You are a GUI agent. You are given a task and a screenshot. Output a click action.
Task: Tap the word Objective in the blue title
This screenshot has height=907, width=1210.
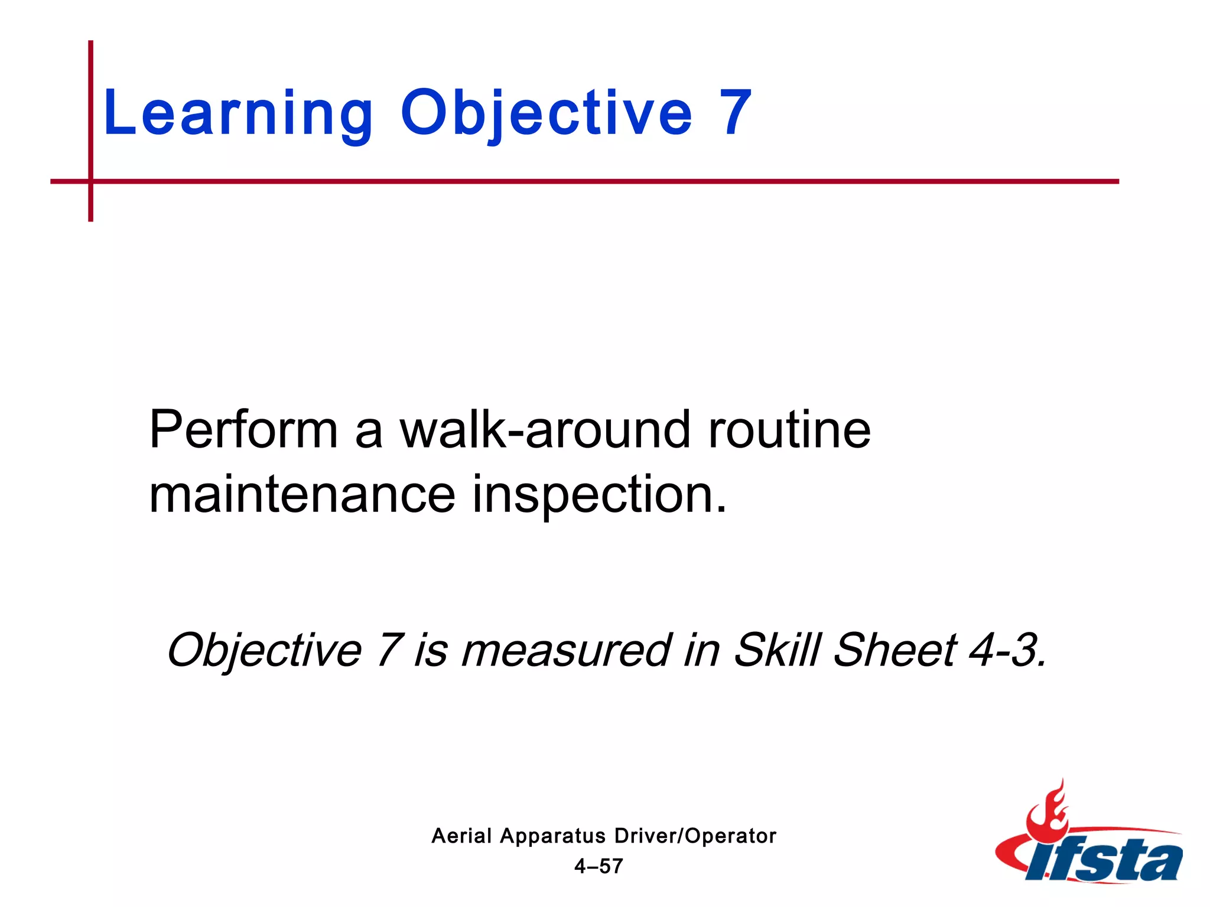[546, 113]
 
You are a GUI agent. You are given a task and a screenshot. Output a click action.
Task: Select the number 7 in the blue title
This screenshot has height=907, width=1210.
[735, 112]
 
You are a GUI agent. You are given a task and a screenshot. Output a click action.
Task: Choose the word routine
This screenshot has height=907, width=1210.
[789, 429]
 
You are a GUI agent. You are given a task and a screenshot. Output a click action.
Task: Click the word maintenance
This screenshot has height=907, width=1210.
[302, 494]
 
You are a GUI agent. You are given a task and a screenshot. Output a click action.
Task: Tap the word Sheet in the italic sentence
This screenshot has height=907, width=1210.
[895, 650]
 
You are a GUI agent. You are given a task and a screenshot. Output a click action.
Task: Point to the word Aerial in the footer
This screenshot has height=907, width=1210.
[461, 836]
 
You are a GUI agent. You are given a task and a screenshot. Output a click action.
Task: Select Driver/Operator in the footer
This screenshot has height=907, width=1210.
[695, 836]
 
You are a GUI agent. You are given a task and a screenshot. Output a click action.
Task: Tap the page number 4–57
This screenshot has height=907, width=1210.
[599, 866]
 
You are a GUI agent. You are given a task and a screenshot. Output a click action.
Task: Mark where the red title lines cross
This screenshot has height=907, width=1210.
[90, 181]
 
